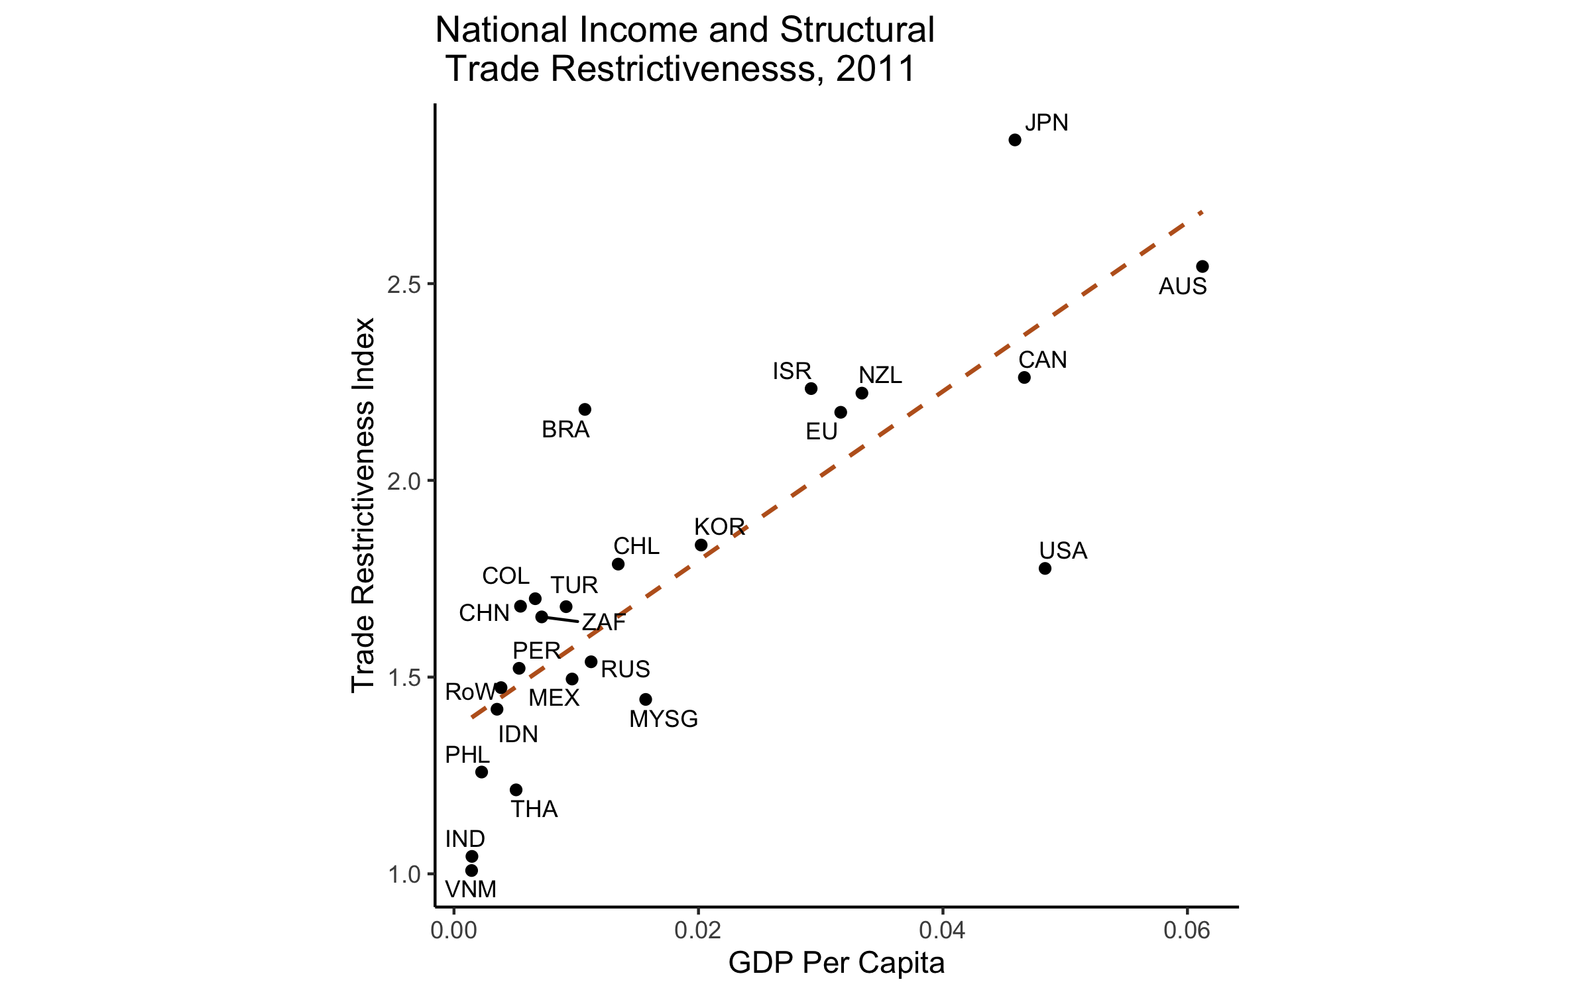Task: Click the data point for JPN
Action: click(1014, 140)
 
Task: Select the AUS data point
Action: click(1202, 266)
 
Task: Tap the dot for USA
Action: click(1045, 569)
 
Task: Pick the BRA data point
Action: click(585, 410)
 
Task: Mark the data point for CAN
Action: click(1024, 378)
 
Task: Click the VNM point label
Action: click(471, 889)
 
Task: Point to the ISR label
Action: click(792, 371)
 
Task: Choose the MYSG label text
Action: click(664, 719)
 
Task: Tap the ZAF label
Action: click(604, 622)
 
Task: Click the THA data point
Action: click(516, 790)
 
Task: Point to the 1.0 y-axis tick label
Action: click(404, 874)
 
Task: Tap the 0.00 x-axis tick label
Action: click(453, 930)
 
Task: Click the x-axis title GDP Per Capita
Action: click(836, 963)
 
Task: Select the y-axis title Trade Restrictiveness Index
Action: click(363, 505)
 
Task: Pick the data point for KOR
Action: click(701, 545)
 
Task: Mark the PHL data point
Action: click(481, 772)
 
